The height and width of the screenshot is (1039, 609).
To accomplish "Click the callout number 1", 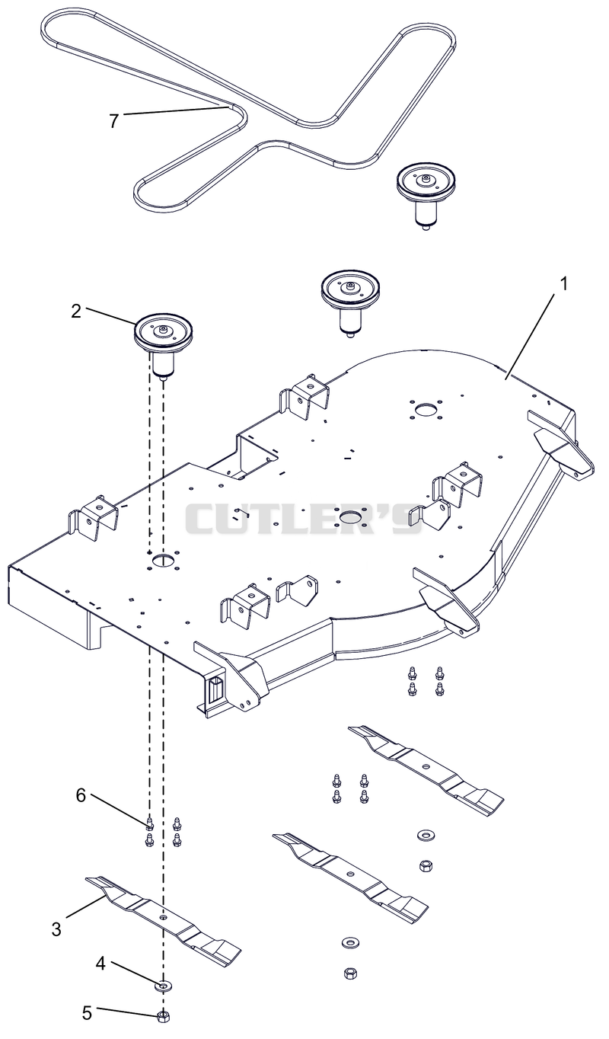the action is [563, 283].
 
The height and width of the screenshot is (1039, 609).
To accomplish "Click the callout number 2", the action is [76, 312].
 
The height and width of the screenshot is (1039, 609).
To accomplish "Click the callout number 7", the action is [113, 120].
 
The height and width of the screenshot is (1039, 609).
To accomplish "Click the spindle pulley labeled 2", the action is [163, 341].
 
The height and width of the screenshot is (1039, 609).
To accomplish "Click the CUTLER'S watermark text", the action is [304, 519].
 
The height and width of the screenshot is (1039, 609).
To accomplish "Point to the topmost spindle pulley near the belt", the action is [426, 195].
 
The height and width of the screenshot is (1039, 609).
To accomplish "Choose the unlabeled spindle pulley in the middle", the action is [350, 302].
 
